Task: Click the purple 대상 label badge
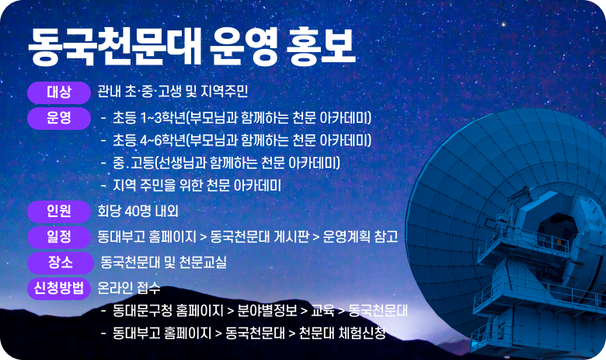click(59, 92)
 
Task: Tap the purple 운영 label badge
click(59, 118)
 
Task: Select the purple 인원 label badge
click(59, 211)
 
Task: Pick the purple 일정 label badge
click(59, 236)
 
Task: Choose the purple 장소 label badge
click(59, 262)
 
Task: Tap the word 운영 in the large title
click(235, 48)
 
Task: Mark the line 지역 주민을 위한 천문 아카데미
click(196, 186)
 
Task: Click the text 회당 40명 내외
click(138, 211)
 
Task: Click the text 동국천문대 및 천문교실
click(163, 262)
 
